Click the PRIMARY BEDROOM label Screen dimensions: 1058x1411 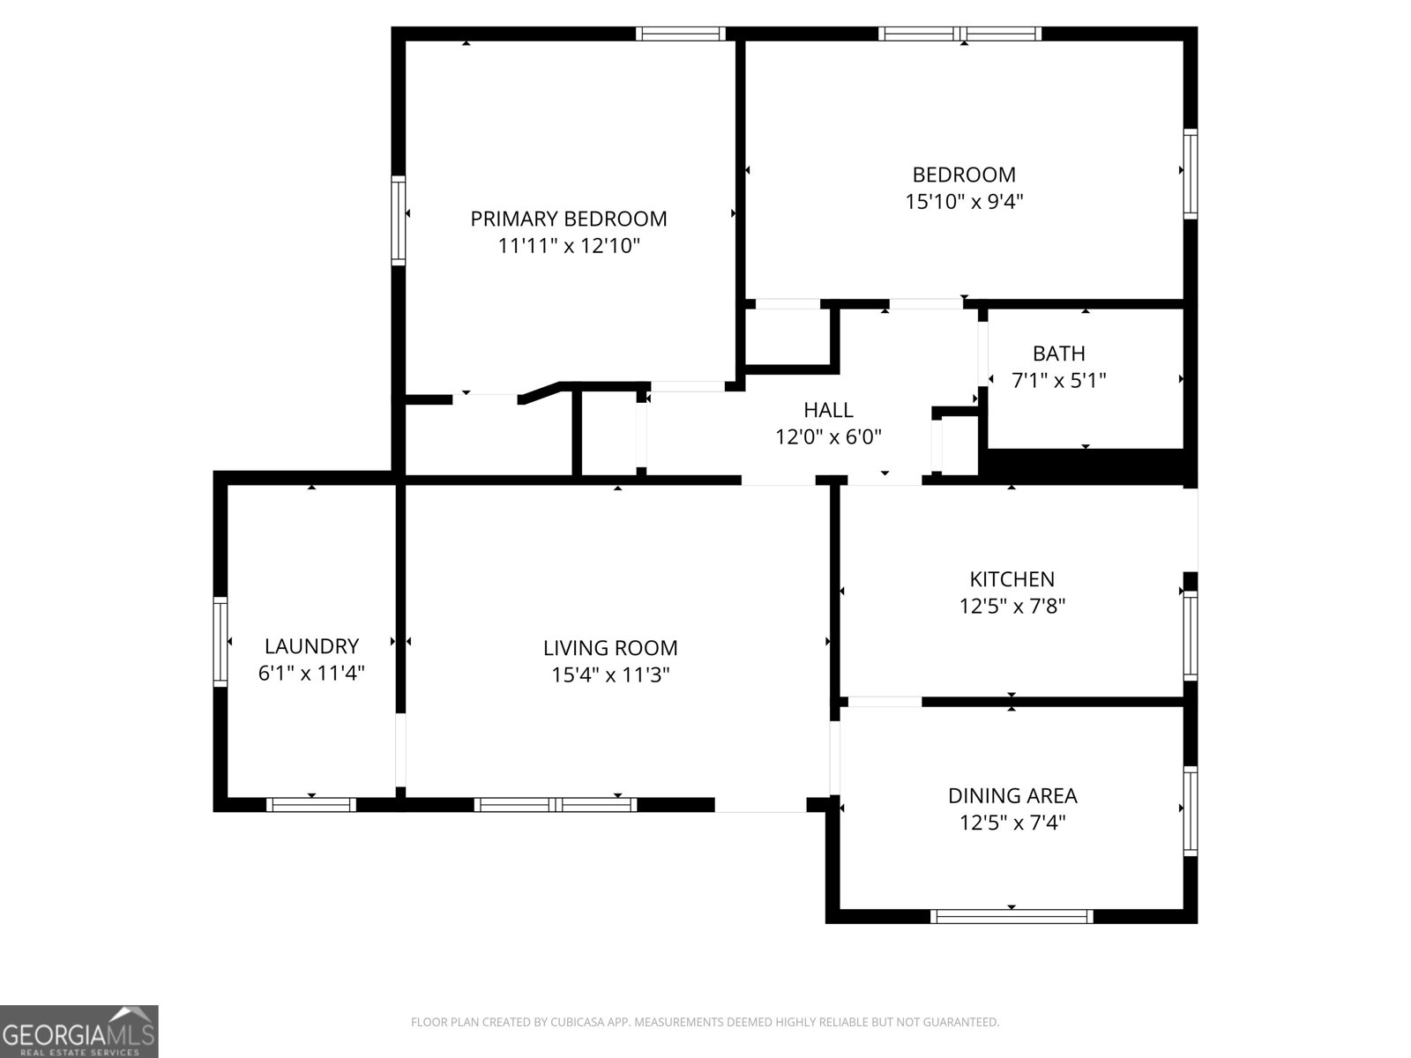click(x=568, y=219)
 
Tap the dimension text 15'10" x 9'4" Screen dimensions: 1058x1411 click(x=964, y=202)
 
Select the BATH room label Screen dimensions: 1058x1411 click(x=1058, y=354)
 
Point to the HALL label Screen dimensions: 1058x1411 click(x=828, y=410)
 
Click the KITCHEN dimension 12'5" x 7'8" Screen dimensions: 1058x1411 click(x=1012, y=607)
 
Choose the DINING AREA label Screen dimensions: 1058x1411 click(x=1012, y=796)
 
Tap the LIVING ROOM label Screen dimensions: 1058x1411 click(x=610, y=648)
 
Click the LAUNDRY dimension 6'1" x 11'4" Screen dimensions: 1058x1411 click(x=311, y=674)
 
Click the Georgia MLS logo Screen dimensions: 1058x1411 click(x=78, y=1032)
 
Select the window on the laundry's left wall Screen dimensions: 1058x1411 click(x=220, y=641)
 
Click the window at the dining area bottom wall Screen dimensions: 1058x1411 click(x=1012, y=916)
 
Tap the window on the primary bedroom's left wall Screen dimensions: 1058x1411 click(x=399, y=220)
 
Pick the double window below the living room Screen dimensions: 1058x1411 click(x=556, y=804)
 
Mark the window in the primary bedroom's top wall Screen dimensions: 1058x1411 click(x=680, y=34)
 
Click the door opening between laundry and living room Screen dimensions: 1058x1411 click(x=400, y=749)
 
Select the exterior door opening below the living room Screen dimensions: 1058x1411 click(x=760, y=805)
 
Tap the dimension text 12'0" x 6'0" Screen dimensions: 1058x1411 click(x=828, y=437)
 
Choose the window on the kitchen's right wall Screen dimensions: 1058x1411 click(x=1190, y=635)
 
